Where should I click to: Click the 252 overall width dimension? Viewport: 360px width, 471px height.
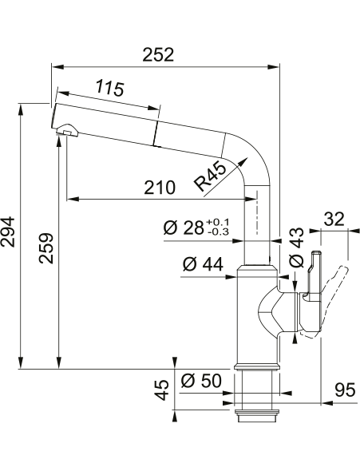[158, 54]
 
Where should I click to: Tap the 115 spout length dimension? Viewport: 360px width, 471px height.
[110, 88]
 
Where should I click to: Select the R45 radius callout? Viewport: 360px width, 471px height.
[209, 176]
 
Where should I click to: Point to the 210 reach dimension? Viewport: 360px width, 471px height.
[159, 187]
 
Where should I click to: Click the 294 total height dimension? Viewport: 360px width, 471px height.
[7, 232]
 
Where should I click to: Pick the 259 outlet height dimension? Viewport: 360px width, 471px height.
[46, 248]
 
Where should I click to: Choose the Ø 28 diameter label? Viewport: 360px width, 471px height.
[184, 228]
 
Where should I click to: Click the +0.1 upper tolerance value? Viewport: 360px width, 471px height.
[218, 222]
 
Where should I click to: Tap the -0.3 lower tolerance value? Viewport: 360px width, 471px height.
[218, 232]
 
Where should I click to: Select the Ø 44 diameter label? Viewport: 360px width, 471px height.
[203, 264]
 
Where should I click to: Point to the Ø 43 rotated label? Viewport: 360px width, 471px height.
[296, 247]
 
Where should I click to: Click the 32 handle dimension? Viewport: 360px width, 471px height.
[334, 219]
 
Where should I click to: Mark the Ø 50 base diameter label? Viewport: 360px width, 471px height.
[201, 381]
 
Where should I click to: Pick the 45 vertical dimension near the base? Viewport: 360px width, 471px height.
[162, 390]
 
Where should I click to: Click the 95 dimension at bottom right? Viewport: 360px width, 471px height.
[345, 391]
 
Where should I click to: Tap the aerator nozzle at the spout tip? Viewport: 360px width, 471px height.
[68, 130]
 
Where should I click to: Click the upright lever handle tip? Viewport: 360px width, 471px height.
[317, 253]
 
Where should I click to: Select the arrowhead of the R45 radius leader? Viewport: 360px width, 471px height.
[244, 161]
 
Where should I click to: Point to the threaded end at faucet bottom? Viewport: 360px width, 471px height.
[257, 416]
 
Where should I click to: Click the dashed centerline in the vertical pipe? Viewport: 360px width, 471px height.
[257, 212]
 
